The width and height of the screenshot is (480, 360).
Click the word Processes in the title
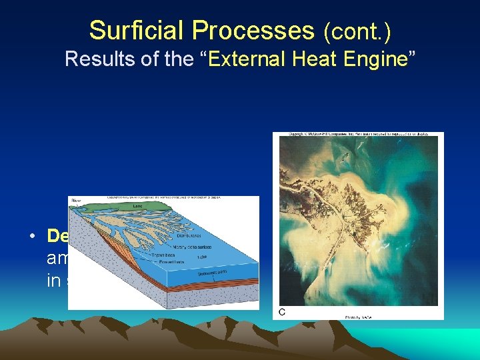pyautogui.click(x=251, y=31)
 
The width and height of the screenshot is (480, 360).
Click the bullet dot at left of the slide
pyautogui.click(x=32, y=237)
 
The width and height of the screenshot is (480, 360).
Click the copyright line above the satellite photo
pyautogui.click(x=358, y=135)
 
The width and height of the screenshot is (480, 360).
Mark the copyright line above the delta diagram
pyautogui.click(x=164, y=199)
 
